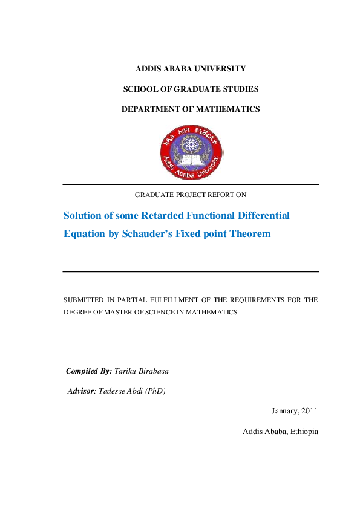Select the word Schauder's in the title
(x=148, y=233)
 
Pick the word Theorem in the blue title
(x=250, y=233)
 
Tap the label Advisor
(x=81, y=391)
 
